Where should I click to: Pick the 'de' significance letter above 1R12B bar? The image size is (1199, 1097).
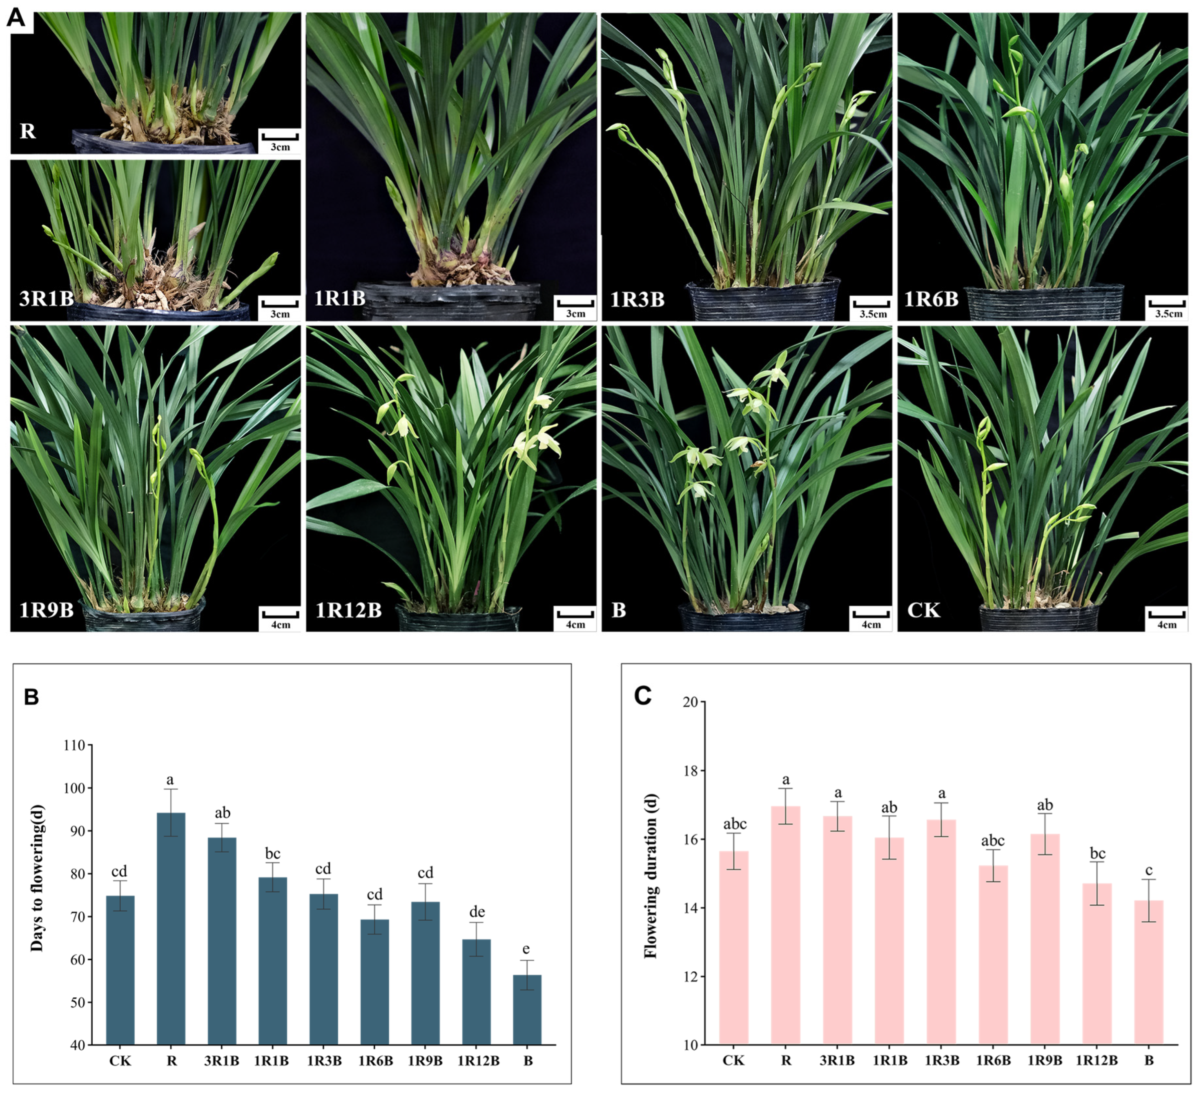(x=477, y=912)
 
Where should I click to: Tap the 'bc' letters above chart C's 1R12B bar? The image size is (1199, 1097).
(x=1097, y=854)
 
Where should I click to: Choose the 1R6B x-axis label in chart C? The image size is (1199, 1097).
(x=993, y=1061)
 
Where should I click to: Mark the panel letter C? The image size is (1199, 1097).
(x=643, y=695)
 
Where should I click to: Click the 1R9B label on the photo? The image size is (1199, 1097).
(x=47, y=610)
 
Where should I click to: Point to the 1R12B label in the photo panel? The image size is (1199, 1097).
(x=348, y=610)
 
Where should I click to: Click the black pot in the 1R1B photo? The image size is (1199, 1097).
(x=452, y=303)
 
